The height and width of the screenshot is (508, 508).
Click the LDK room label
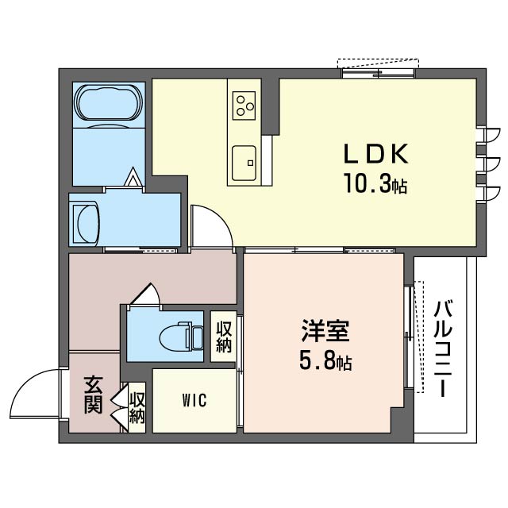coord(375,153)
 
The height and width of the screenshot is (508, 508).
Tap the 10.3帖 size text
coord(375,185)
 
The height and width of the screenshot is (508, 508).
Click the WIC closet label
coord(194,400)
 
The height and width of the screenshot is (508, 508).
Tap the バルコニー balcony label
coord(445,349)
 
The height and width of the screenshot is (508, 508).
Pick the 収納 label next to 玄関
coord(137,406)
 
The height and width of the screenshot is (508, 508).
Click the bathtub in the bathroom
coord(109,103)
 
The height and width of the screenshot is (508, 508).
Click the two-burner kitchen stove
coord(244,103)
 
